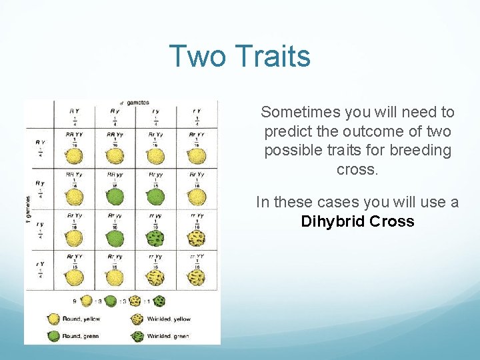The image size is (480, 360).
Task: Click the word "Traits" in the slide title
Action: (274, 56)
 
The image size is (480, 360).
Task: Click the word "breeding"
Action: (419, 151)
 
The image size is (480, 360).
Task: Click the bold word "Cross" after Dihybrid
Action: (392, 221)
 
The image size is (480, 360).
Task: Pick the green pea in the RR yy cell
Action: (115, 198)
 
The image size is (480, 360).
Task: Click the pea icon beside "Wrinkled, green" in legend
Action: (137, 335)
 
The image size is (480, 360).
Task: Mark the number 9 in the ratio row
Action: (74, 301)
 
